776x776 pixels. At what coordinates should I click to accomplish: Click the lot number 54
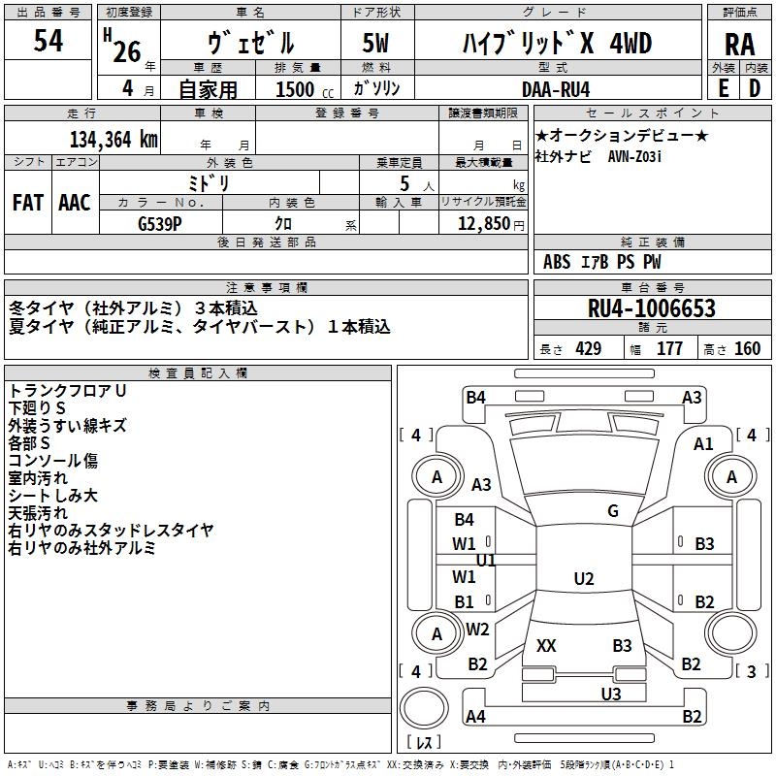(x=48, y=41)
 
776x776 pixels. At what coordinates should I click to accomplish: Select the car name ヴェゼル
(x=250, y=44)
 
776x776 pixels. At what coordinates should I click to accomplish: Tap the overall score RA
(x=739, y=45)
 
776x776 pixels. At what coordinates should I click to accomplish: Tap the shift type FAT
(x=27, y=202)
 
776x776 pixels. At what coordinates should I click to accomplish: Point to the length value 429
(x=589, y=349)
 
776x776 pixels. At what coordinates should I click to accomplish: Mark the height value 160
(x=747, y=349)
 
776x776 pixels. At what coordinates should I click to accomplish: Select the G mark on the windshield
(x=613, y=511)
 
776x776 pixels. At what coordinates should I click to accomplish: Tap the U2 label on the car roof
(x=584, y=579)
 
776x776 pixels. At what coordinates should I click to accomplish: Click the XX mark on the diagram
(x=546, y=645)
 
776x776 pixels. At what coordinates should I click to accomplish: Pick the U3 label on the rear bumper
(x=611, y=694)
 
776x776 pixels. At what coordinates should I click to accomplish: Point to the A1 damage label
(x=704, y=443)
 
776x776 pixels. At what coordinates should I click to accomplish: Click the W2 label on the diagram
(x=477, y=629)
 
